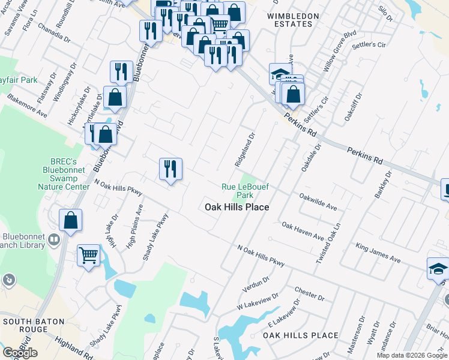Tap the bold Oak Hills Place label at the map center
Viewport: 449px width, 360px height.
click(237, 207)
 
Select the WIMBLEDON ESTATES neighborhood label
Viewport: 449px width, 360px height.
click(290, 20)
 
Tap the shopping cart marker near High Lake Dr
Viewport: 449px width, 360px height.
click(89, 257)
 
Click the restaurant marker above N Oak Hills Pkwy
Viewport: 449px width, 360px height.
click(170, 169)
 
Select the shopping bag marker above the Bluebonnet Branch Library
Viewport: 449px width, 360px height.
click(71, 220)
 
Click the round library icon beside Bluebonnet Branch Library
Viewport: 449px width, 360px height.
click(54, 240)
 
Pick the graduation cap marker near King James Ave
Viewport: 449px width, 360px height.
click(438, 269)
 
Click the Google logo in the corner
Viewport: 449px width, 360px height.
click(20, 353)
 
